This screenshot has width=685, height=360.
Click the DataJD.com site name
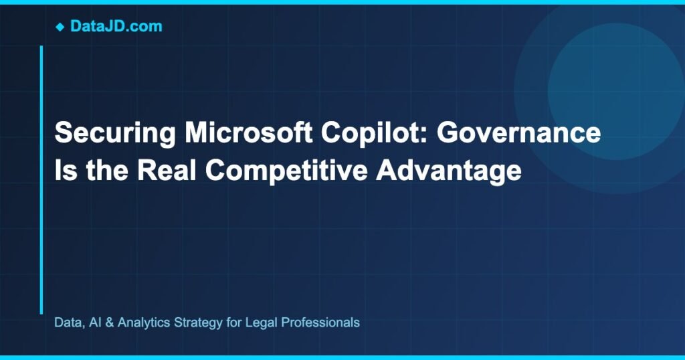[x=116, y=27]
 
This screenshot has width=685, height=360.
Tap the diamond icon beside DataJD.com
[x=60, y=27]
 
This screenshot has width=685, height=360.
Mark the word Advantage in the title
[x=448, y=170]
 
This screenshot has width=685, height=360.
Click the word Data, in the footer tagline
[x=68, y=323]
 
